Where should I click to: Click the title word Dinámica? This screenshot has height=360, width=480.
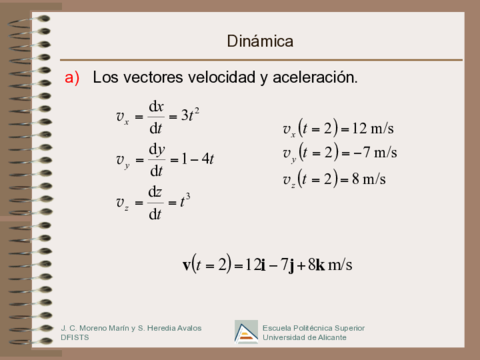260,41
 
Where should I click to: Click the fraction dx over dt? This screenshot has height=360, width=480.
155,115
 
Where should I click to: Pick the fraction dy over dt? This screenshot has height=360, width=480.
155,159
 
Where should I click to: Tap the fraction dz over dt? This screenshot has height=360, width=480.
155,201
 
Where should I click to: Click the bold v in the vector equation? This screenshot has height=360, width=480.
188,265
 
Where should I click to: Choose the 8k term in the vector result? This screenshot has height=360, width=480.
316,265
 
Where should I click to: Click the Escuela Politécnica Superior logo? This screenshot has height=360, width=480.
245,331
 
